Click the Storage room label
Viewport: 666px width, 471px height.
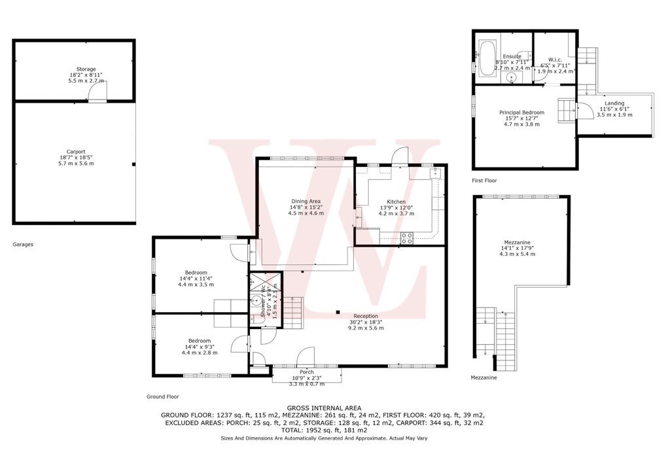(86, 69)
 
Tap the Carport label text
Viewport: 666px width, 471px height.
(76, 152)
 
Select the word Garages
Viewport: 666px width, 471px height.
(23, 245)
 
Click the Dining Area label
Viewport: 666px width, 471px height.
(306, 201)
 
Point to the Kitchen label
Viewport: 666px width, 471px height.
(396, 202)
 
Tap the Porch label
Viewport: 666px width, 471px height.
(306, 372)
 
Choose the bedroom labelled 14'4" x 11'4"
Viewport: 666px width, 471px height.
(196, 273)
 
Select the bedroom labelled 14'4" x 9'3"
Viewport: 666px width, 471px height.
(200, 341)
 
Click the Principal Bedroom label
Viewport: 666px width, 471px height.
(521, 113)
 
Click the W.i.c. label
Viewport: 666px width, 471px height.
(556, 60)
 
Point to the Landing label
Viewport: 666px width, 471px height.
(614, 103)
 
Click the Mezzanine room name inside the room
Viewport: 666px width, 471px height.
(517, 241)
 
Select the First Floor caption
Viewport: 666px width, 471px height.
(485, 180)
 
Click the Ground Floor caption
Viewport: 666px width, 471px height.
(162, 397)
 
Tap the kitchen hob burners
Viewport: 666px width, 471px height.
(406, 238)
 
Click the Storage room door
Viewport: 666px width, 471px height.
(97, 93)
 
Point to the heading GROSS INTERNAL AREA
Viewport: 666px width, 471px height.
(324, 408)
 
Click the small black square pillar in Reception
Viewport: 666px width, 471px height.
(338, 312)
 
